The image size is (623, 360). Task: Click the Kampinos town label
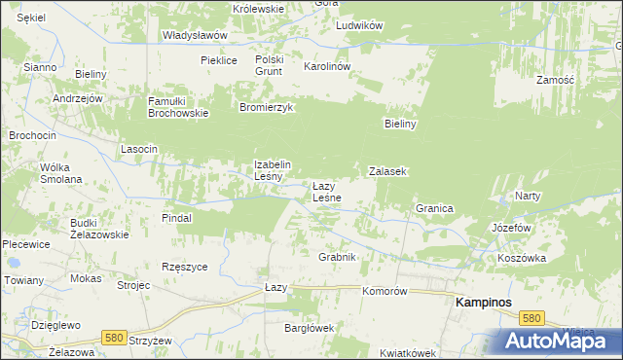(485, 303)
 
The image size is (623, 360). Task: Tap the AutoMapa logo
(559, 342)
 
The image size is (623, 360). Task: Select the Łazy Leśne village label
(325, 192)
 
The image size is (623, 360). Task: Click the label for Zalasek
(386, 171)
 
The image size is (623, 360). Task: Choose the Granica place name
(434, 208)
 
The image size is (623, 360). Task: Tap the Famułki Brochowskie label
(178, 107)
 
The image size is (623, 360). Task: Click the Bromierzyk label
(267, 108)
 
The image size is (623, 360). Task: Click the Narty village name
(528, 196)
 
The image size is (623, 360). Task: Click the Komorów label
(384, 291)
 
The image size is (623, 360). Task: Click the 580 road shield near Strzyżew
(114, 338)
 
